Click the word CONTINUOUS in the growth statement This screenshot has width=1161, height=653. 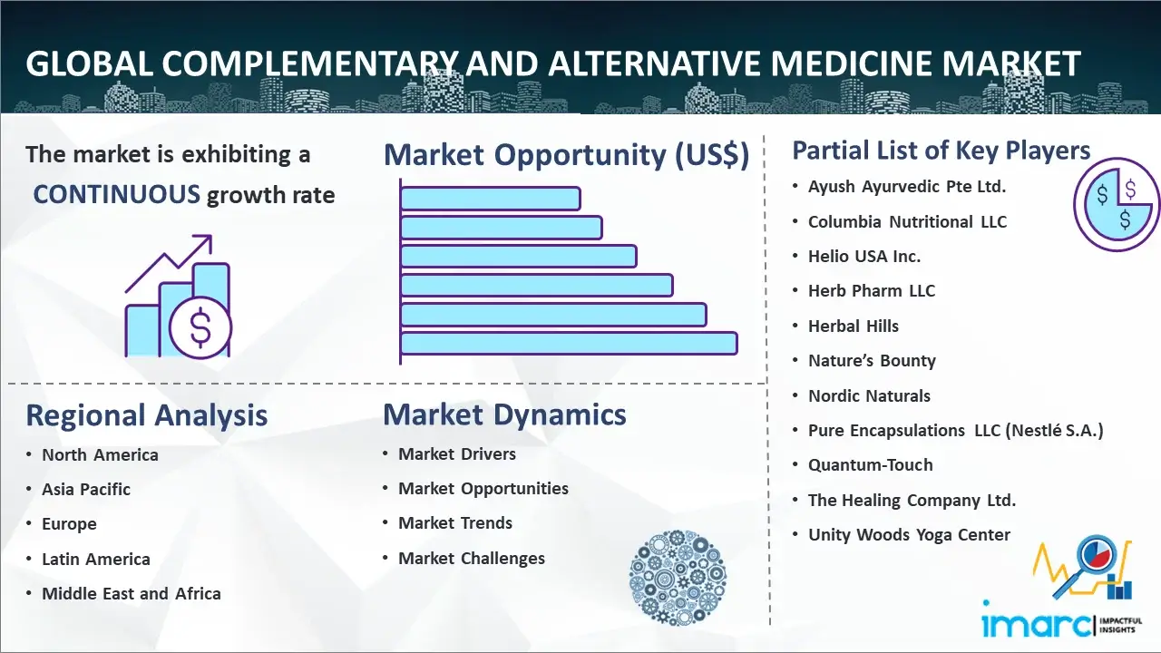point(117,195)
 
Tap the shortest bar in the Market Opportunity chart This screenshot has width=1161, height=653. point(491,199)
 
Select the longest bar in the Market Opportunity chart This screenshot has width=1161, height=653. point(569,344)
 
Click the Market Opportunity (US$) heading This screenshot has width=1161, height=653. point(567,155)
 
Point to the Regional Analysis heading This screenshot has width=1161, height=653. point(147,415)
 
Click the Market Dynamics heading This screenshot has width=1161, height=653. point(504,414)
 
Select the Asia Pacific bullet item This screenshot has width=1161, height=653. point(86,489)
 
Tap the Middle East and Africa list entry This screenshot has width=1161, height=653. point(132,593)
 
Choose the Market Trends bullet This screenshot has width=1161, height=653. point(455,523)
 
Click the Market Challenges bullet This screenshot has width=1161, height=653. point(472,558)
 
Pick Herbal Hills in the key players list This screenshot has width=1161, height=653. point(854,326)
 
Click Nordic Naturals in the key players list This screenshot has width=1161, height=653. point(869,396)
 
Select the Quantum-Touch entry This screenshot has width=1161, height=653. point(870,465)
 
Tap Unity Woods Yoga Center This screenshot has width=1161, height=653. point(909,535)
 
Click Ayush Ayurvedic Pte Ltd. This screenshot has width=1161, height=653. point(907,187)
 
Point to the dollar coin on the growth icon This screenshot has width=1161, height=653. point(200,327)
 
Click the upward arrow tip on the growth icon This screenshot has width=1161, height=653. point(210,237)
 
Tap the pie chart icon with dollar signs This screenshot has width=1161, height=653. point(1116,205)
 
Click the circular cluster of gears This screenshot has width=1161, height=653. point(678,577)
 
